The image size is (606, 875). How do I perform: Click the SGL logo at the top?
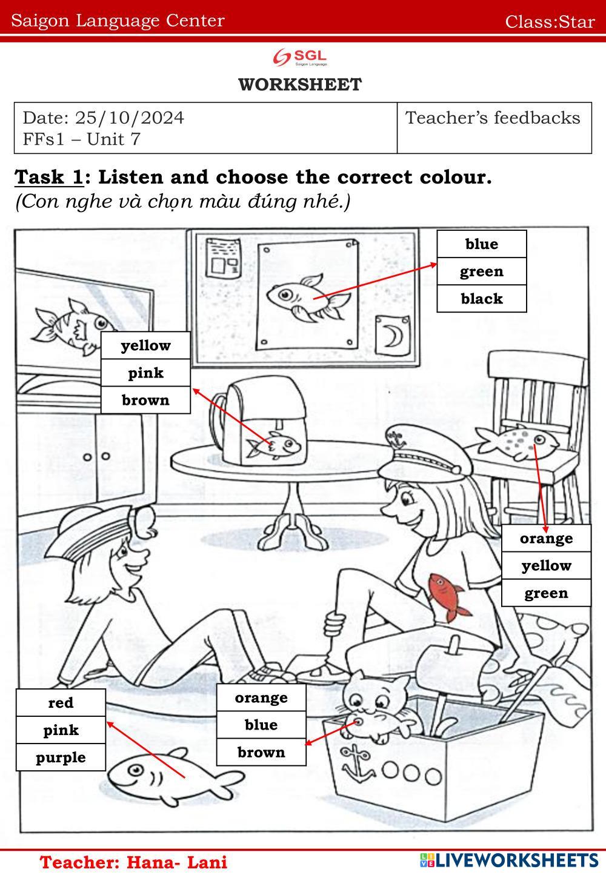[x=300, y=57]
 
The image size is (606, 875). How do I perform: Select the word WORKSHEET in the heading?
[x=300, y=84]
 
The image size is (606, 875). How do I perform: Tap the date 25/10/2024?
[x=129, y=118]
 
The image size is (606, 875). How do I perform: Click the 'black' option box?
[x=481, y=299]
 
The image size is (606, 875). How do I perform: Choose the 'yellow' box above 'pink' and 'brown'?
[x=145, y=345]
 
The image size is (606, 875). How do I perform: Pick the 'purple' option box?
[x=61, y=757]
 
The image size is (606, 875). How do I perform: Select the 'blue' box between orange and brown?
[x=261, y=725]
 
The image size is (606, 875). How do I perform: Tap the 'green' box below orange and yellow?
[x=546, y=593]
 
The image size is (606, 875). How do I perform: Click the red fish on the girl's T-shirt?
[x=447, y=597]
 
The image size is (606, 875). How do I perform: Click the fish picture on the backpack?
[x=273, y=445]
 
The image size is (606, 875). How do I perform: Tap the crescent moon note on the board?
[x=393, y=336]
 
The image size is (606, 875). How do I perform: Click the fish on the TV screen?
[x=75, y=326]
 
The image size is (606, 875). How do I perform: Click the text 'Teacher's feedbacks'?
[x=493, y=118]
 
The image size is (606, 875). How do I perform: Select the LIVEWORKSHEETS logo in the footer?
[x=509, y=860]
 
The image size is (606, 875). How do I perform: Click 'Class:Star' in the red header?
[x=550, y=21]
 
